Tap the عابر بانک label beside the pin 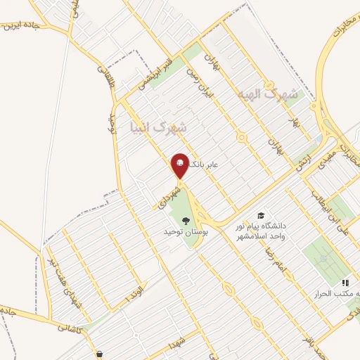(207, 163)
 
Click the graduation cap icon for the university (261, 214)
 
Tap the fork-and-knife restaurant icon (345, 282)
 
